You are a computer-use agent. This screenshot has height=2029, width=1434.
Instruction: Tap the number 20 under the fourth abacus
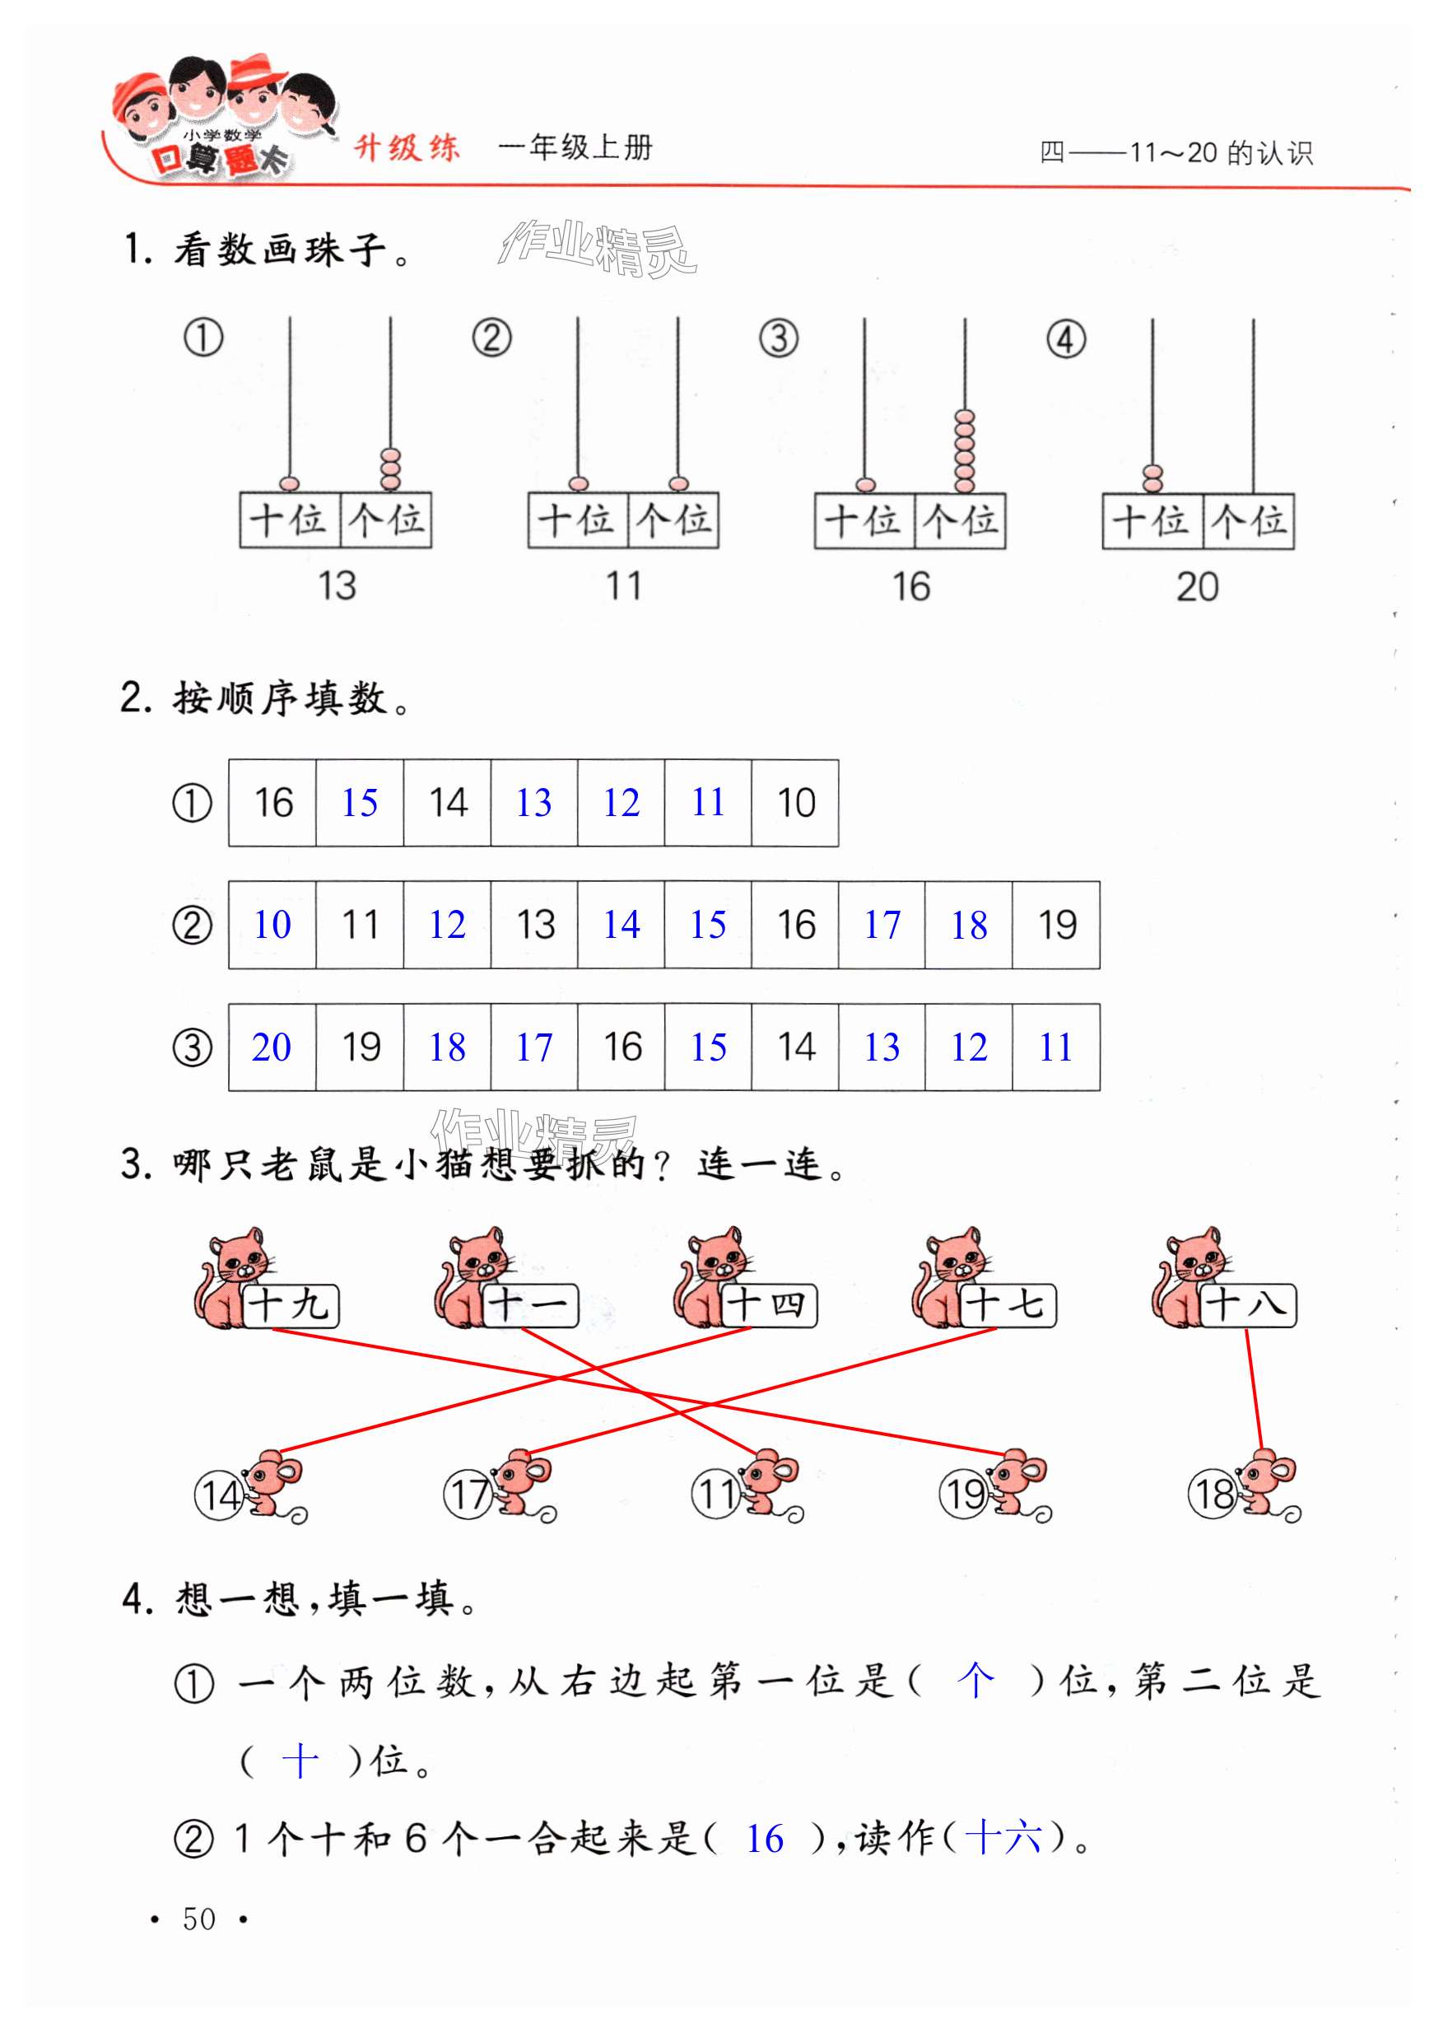pos(1197,588)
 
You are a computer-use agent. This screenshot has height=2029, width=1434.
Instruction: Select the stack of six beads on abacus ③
pos(965,450)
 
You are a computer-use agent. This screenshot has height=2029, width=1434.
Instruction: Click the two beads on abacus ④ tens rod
pos(1152,478)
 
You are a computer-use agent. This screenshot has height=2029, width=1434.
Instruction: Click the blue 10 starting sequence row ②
pos(272,926)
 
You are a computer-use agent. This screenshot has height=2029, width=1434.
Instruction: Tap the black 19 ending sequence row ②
pos(1057,926)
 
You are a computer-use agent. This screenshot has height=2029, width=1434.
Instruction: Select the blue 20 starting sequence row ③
pos(272,1048)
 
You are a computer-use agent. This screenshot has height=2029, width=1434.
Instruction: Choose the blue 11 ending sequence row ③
pos(1056,1048)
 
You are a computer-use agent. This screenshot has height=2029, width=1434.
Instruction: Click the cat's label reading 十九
pos(290,1305)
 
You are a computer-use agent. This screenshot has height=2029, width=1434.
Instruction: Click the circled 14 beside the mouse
pos(218,1495)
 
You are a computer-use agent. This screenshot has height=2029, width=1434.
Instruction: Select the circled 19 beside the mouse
pos(963,1495)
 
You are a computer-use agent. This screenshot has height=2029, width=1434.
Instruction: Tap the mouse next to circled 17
pos(523,1485)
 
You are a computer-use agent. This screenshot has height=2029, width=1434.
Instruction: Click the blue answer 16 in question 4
pos(764,1840)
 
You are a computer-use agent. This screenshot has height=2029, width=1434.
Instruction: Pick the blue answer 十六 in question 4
pos(1003,1838)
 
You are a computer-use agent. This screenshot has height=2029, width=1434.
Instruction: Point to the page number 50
pos(198,1919)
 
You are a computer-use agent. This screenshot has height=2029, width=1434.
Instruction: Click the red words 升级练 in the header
pos(407,147)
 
